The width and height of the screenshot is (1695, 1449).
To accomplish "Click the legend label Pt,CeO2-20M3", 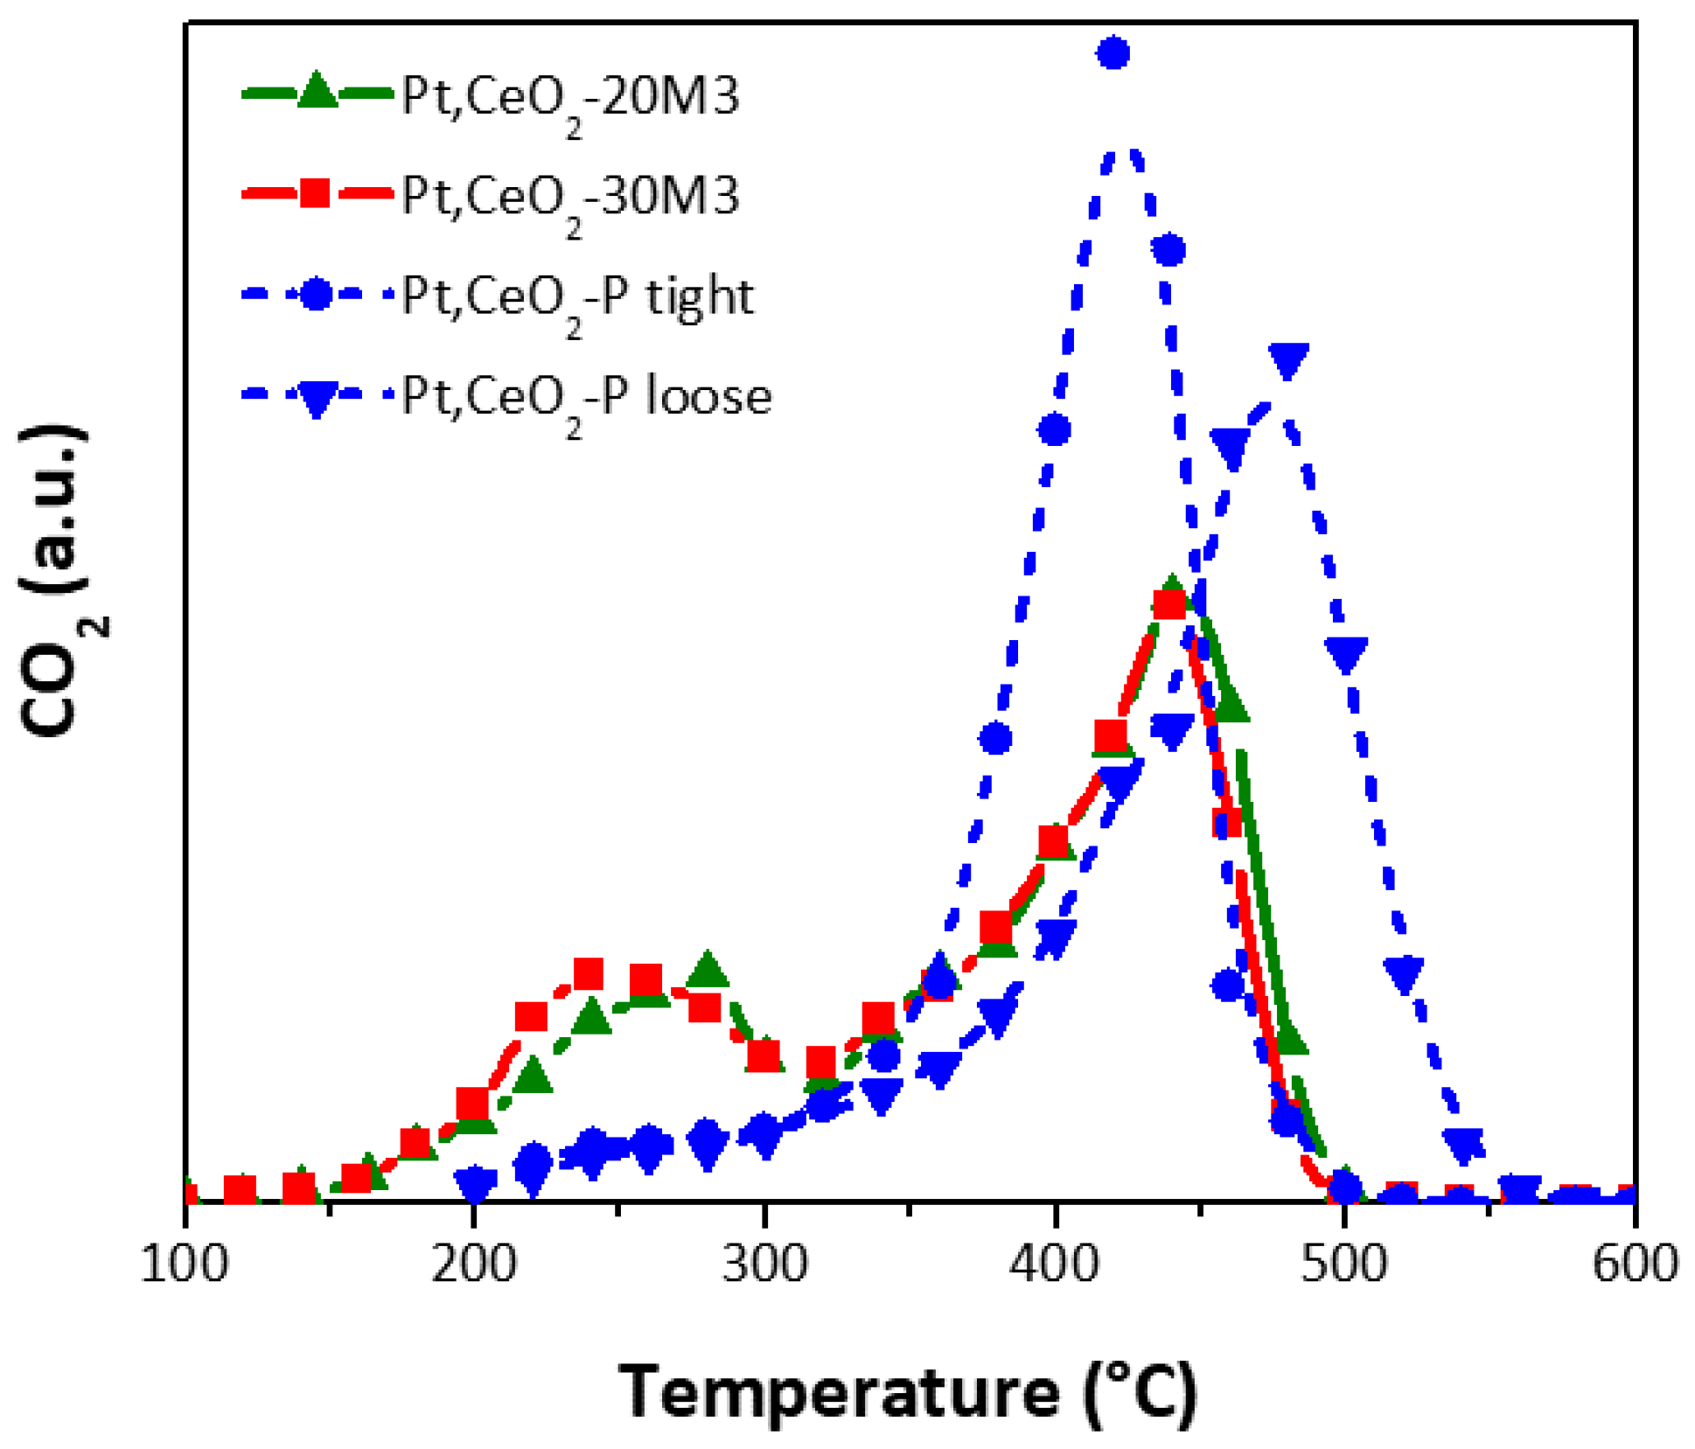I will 570,96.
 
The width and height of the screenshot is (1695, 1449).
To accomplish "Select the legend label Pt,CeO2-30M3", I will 570,196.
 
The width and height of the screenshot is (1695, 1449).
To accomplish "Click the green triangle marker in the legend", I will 317,91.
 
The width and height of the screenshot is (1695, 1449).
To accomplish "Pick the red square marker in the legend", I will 315,192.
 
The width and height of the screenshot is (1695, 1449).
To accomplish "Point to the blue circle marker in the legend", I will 316,294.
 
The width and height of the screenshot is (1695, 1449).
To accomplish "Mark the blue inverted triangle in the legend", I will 316,398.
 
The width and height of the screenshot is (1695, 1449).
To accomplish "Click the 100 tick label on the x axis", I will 184,1264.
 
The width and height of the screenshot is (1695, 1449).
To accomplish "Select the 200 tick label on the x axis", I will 474,1264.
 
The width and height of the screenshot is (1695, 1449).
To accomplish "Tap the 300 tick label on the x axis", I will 764,1264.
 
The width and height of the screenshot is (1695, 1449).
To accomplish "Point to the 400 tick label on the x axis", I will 1055,1264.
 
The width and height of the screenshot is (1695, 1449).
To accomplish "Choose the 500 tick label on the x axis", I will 1344,1264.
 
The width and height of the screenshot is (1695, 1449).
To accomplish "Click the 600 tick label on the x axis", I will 1634,1264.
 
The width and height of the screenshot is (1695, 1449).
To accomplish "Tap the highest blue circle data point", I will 1113,53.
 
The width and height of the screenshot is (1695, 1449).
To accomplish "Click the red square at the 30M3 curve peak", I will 1170,604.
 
